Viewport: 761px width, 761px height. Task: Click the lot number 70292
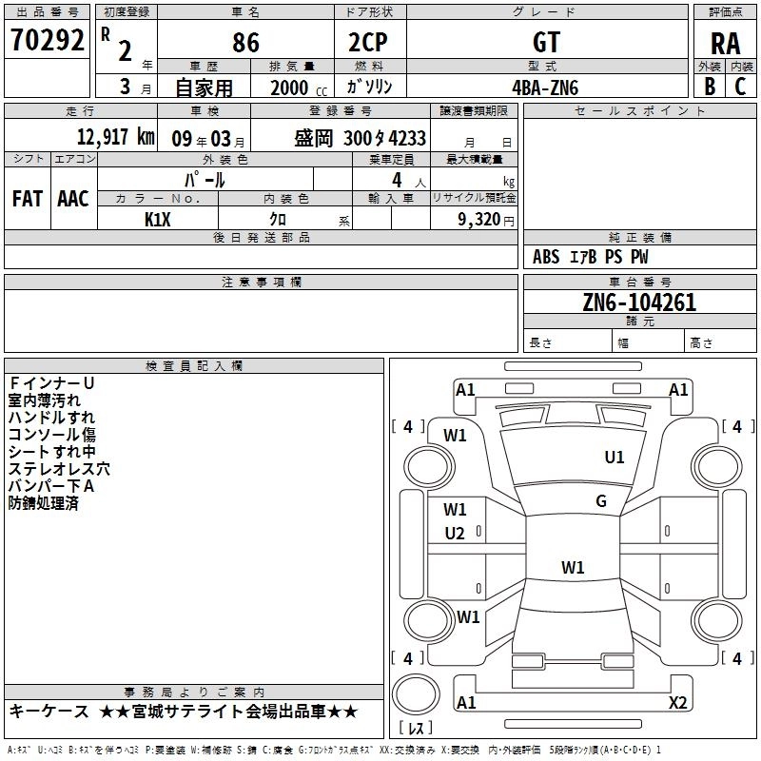pyautogui.click(x=48, y=39)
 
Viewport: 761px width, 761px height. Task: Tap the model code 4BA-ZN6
pyautogui.click(x=545, y=87)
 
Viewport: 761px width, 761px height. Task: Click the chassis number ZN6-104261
pyautogui.click(x=639, y=303)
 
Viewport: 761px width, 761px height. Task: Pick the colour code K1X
pyautogui.click(x=159, y=218)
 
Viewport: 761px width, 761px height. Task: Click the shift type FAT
pyautogui.click(x=27, y=198)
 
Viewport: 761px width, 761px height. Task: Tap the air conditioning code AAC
pyautogui.click(x=73, y=198)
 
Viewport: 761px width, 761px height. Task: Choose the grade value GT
pyautogui.click(x=546, y=42)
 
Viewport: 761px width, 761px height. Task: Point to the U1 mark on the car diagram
pyautogui.click(x=615, y=458)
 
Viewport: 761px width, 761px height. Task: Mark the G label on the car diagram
pyautogui.click(x=601, y=501)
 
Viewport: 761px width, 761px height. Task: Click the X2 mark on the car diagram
pyautogui.click(x=677, y=703)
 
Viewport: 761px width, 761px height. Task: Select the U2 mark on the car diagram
pyautogui.click(x=455, y=534)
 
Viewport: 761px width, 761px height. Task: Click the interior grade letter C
pyautogui.click(x=740, y=86)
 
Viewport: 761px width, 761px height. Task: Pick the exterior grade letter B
pyautogui.click(x=710, y=86)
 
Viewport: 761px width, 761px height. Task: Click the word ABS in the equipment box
pyautogui.click(x=547, y=257)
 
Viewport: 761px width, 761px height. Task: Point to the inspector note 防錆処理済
pyautogui.click(x=43, y=503)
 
